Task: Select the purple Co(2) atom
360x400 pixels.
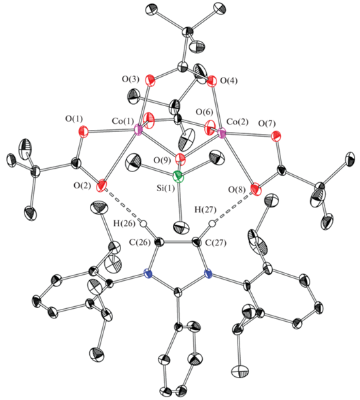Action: tap(222, 133)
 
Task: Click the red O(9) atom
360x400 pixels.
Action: tap(180, 159)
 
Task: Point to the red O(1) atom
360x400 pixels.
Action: tap(84, 131)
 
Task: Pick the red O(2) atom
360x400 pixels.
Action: tap(101, 185)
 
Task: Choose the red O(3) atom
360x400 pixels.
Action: tap(150, 80)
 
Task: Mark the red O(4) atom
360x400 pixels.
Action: tap(211, 81)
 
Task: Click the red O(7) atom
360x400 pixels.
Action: tap(276, 136)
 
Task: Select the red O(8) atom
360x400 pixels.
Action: tap(256, 190)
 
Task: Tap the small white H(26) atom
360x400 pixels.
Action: tap(144, 224)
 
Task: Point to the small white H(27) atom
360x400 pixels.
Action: tap(212, 224)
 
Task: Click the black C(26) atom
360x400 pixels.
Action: tap(160, 241)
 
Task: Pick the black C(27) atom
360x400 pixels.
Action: tap(196, 241)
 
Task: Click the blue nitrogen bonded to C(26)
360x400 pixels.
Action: tap(148, 274)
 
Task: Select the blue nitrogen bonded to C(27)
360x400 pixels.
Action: tap(208, 274)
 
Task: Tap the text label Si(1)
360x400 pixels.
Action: tap(165, 189)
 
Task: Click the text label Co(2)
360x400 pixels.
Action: tap(238, 122)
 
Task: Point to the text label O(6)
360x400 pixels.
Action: tap(204, 112)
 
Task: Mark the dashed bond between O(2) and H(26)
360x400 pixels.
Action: tap(123, 205)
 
